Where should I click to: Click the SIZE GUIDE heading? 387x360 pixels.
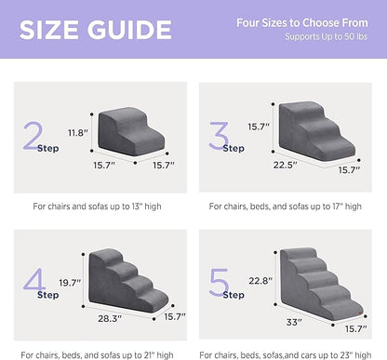pyautogui.click(x=88, y=29)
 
